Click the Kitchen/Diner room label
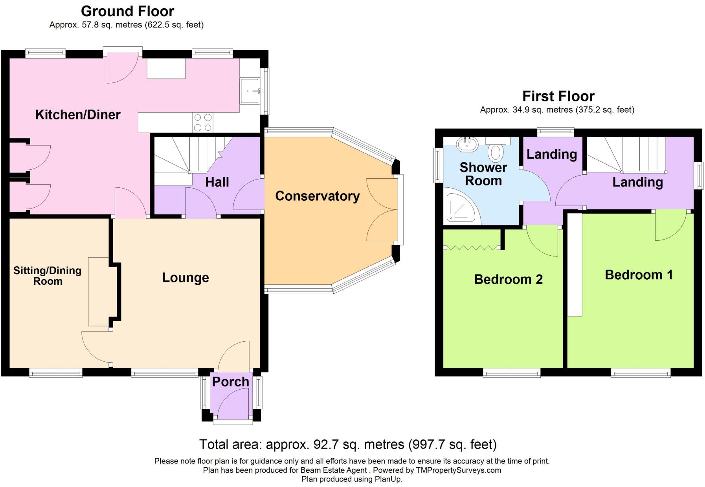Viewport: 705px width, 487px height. (x=78, y=115)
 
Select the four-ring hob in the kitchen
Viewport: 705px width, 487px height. (x=203, y=122)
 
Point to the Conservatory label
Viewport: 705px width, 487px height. (x=318, y=196)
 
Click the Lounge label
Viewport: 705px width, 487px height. (x=185, y=278)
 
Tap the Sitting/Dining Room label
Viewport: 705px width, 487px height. (x=48, y=276)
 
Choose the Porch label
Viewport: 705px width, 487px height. (x=231, y=382)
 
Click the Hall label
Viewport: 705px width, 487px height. (x=217, y=182)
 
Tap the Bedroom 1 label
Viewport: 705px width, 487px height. (x=639, y=275)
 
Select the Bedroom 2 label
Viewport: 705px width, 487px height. (x=509, y=279)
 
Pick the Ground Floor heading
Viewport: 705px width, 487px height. (x=128, y=11)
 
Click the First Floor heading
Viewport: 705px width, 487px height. (x=558, y=96)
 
